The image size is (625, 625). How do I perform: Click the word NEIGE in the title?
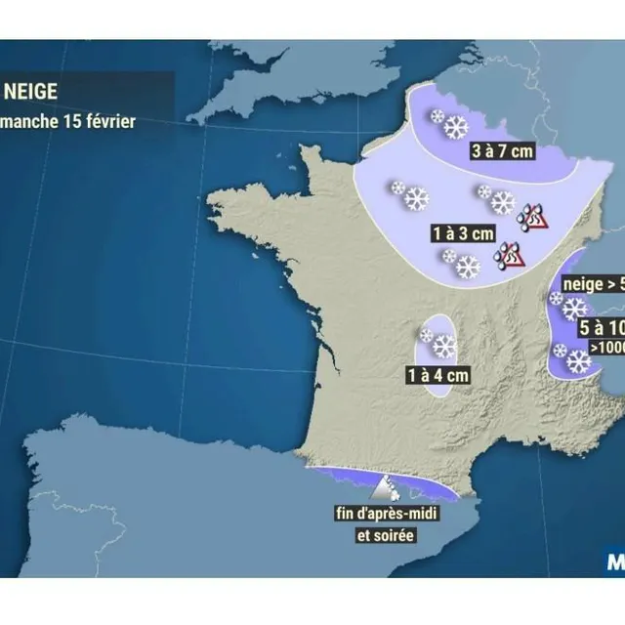(31, 95)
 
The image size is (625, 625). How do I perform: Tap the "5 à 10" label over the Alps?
(602, 327)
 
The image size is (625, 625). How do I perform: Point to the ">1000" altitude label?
(605, 348)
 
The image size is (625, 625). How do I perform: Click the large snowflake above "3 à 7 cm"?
(456, 127)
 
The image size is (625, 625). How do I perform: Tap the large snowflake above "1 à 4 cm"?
(444, 346)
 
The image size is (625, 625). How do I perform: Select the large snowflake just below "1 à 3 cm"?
(468, 267)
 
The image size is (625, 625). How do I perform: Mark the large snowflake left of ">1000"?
(579, 361)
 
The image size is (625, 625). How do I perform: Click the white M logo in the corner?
(616, 563)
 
